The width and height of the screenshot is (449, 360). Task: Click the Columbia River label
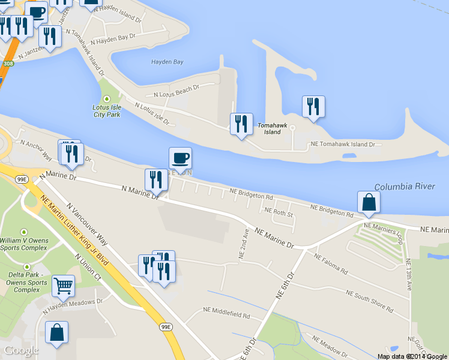404,187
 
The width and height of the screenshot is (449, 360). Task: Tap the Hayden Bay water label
167,62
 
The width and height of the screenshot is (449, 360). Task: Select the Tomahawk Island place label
273,128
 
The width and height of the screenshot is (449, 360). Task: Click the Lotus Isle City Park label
107,110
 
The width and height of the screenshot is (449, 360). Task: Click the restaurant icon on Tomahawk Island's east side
313,107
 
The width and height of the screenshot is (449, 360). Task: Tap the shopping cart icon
63,286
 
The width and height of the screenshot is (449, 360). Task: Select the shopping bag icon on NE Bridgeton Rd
368,202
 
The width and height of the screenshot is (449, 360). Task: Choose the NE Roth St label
279,212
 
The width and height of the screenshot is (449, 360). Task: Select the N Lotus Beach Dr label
176,91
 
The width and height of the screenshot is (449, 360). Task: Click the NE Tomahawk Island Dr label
342,145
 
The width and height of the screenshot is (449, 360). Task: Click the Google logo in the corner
21,350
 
